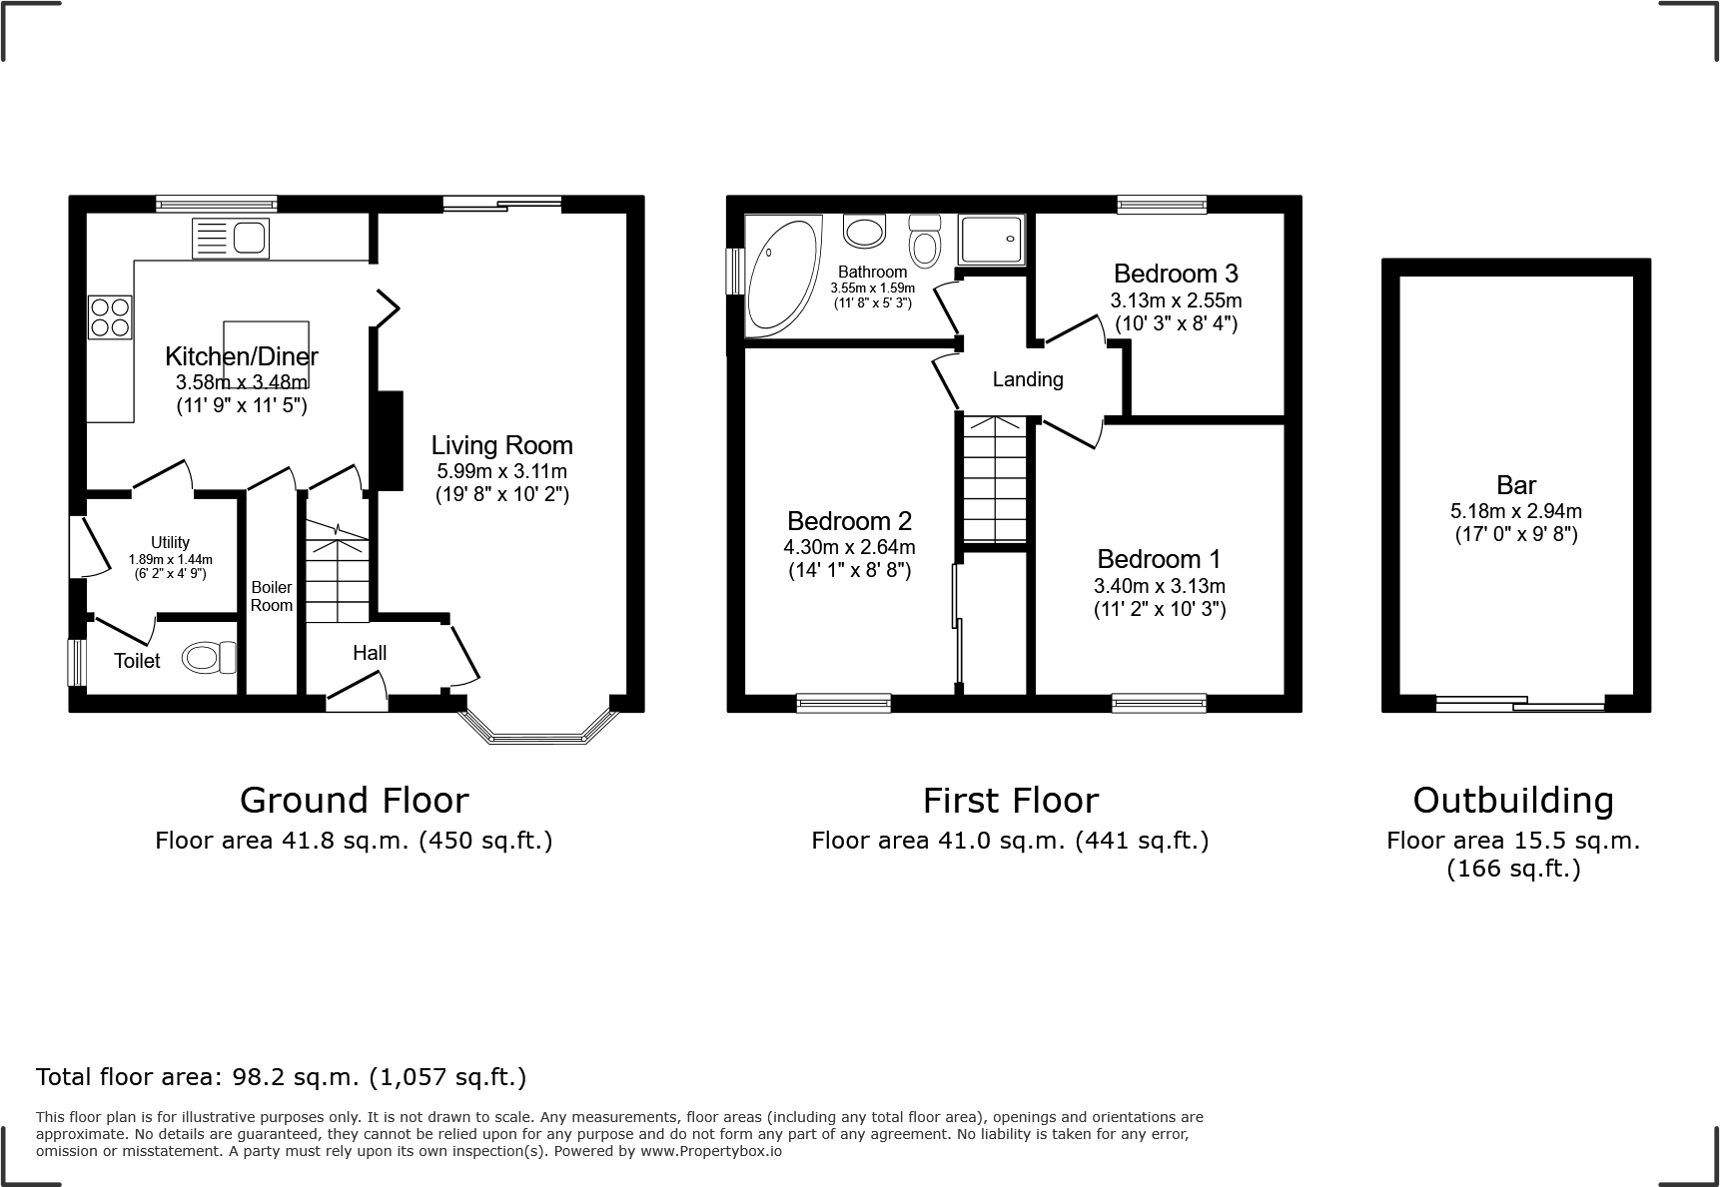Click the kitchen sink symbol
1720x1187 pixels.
point(231,239)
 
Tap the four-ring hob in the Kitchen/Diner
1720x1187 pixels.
point(110,316)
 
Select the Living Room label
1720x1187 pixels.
point(501,445)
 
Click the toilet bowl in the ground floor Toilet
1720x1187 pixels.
point(208,658)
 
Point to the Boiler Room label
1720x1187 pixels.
point(271,596)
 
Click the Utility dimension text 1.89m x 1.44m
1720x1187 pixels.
point(171,560)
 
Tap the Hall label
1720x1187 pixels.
point(370,653)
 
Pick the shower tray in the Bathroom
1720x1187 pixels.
point(992,240)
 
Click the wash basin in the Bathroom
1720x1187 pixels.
point(865,232)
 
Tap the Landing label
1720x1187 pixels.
point(1027,379)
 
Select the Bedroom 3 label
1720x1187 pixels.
point(1176,274)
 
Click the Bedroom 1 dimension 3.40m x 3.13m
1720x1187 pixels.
point(1159,586)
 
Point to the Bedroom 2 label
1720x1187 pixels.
point(849,521)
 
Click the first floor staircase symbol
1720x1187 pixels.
point(995,479)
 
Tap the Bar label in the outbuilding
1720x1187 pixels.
point(1515,485)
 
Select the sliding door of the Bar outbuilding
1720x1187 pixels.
point(1520,705)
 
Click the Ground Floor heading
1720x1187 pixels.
point(354,801)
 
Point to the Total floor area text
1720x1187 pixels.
point(281,1077)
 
